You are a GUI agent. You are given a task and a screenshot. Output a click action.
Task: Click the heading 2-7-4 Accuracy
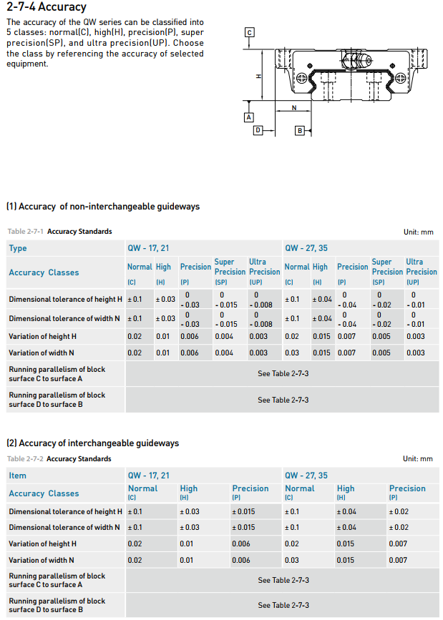point(46,7)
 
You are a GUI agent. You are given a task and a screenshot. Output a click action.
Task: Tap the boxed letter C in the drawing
point(249,33)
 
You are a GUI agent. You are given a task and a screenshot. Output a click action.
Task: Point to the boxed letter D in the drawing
point(258,130)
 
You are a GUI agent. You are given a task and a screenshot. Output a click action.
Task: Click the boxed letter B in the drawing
point(301,130)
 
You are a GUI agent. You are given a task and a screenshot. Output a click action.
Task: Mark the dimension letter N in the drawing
point(294,109)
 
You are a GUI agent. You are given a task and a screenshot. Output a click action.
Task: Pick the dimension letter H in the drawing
point(259,77)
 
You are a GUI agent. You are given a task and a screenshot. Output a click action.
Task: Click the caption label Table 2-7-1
point(25,232)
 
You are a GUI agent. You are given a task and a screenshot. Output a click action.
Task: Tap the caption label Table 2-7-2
point(25,459)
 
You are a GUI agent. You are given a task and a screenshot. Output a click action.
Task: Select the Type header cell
point(18,248)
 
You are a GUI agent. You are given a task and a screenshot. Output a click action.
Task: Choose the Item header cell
point(18,476)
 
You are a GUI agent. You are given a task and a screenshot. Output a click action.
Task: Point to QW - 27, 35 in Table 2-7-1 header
point(306,248)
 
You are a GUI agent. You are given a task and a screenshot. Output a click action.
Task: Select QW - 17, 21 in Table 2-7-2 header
point(149,476)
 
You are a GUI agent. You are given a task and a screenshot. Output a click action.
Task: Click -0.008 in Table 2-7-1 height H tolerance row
point(261,305)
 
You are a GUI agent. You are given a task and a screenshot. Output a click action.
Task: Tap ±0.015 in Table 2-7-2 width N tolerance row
point(243,528)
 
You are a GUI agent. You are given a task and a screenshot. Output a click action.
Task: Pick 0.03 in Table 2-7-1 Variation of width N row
point(292,353)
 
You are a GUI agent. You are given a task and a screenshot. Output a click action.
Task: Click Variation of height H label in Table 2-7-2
point(42,544)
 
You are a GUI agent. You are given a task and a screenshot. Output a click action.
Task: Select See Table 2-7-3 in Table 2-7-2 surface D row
point(283,605)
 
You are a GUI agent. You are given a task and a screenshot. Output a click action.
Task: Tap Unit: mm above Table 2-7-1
point(418,232)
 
